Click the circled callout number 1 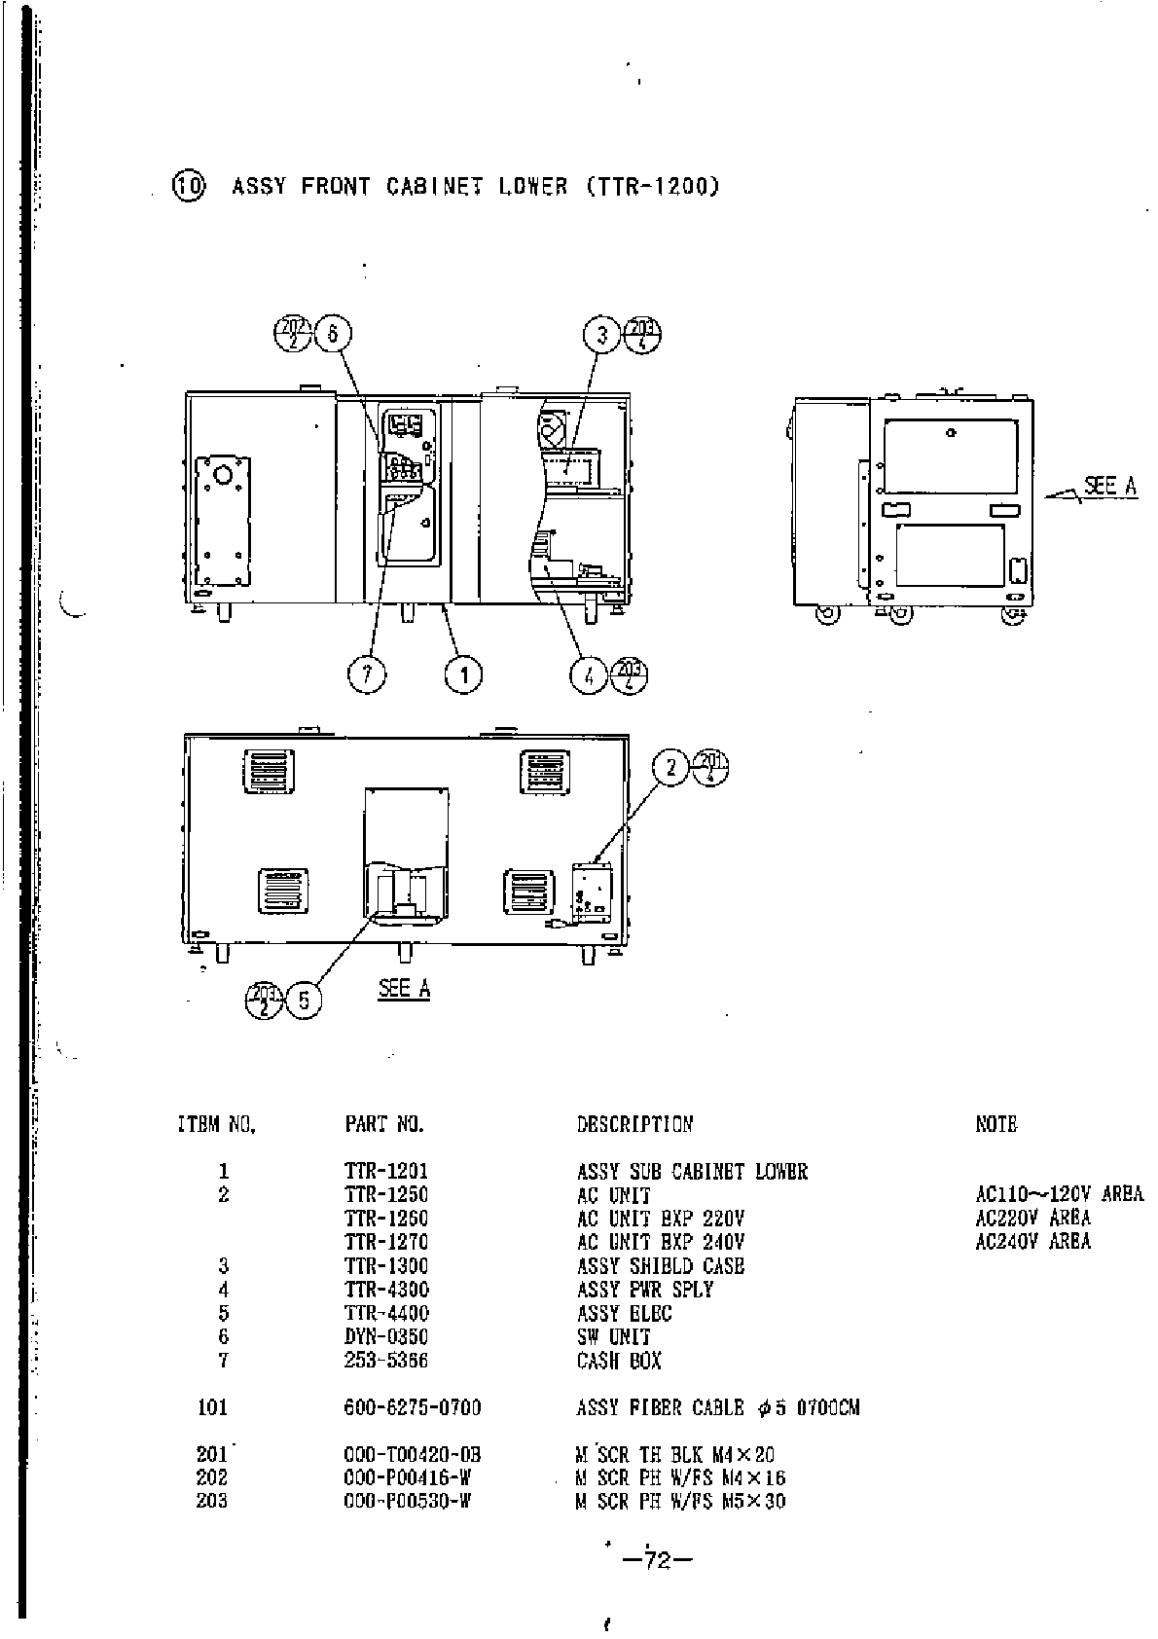pos(464,674)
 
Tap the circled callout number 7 pos(368,674)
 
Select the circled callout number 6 pos(332,334)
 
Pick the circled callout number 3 pos(602,335)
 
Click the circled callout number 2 pos(670,768)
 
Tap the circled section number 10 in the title pos(188,186)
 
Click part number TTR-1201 pos(386,1171)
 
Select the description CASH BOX pos(619,1361)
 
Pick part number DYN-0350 pos(386,1337)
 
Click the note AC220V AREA pos(1032,1218)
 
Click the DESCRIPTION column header pos(634,1124)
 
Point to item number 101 pos(212,1407)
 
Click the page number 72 pos(658,1561)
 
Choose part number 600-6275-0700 pos(413,1407)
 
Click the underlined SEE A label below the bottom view pos(404,989)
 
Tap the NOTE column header pos(995,1124)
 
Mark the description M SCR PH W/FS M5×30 pos(681,1502)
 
